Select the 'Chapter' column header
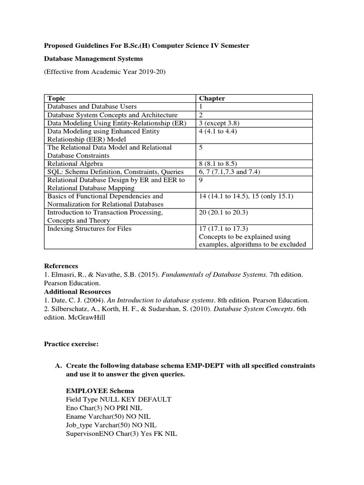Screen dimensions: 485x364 212,99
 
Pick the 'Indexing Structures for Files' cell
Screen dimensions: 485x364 89,229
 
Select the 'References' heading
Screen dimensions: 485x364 61,266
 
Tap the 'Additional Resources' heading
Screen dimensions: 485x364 77,292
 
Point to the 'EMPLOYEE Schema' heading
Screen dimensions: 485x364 100,391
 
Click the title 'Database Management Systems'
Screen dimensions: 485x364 93,59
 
